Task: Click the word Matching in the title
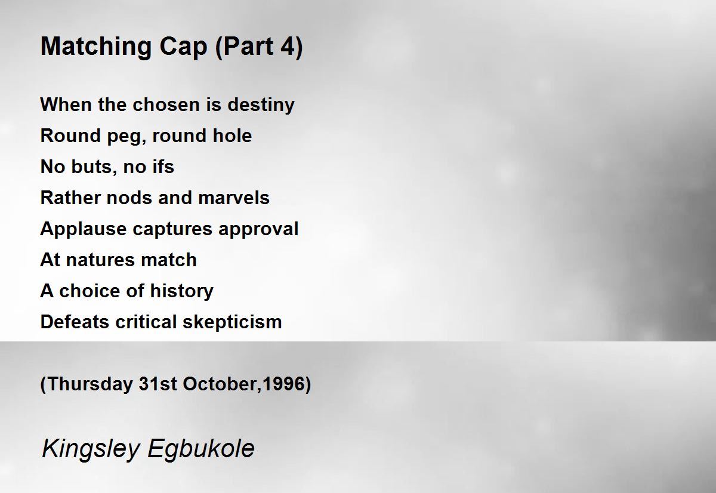tap(96, 47)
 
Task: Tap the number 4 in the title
tap(288, 46)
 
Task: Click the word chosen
tap(166, 104)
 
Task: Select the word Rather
tap(70, 198)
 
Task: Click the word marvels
tap(234, 198)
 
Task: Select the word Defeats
tap(75, 322)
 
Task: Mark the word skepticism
tap(232, 322)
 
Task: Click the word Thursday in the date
tap(91, 384)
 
